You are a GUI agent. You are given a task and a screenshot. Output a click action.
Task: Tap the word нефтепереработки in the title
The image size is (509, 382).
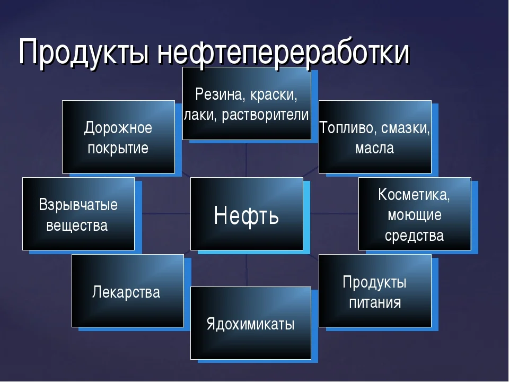click(x=283, y=53)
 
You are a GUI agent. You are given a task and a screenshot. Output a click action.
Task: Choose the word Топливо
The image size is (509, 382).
click(x=346, y=128)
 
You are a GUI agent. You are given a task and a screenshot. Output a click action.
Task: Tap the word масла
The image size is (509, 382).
click(x=374, y=148)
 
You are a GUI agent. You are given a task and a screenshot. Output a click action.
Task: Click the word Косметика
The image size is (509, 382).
click(x=414, y=195)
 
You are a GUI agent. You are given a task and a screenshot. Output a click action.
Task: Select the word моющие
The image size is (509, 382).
click(x=414, y=215)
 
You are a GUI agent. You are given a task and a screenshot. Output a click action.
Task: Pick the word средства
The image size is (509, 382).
click(x=414, y=235)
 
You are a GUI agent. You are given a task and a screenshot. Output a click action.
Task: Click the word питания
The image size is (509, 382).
click(x=374, y=303)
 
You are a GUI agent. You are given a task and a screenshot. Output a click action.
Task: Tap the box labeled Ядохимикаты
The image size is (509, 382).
click(x=250, y=324)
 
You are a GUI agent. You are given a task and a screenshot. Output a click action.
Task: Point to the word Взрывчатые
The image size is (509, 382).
click(x=78, y=205)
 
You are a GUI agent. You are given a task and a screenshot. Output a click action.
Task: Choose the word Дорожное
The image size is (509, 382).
click(x=118, y=128)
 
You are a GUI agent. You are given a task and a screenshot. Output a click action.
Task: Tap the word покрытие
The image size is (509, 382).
click(x=118, y=148)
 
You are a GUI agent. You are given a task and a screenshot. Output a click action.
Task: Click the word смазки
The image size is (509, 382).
click(x=405, y=128)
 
